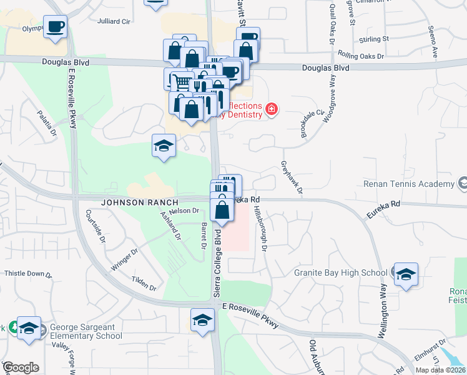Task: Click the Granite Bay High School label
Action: (x=341, y=272)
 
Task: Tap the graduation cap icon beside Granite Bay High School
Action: (x=406, y=274)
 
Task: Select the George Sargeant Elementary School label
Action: (x=86, y=331)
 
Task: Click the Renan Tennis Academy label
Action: (x=408, y=184)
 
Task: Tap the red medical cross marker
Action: (x=271, y=110)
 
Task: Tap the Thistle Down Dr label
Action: (x=29, y=274)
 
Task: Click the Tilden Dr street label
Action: (x=144, y=282)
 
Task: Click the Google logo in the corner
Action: (x=21, y=367)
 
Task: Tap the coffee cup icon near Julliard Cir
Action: (x=56, y=26)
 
